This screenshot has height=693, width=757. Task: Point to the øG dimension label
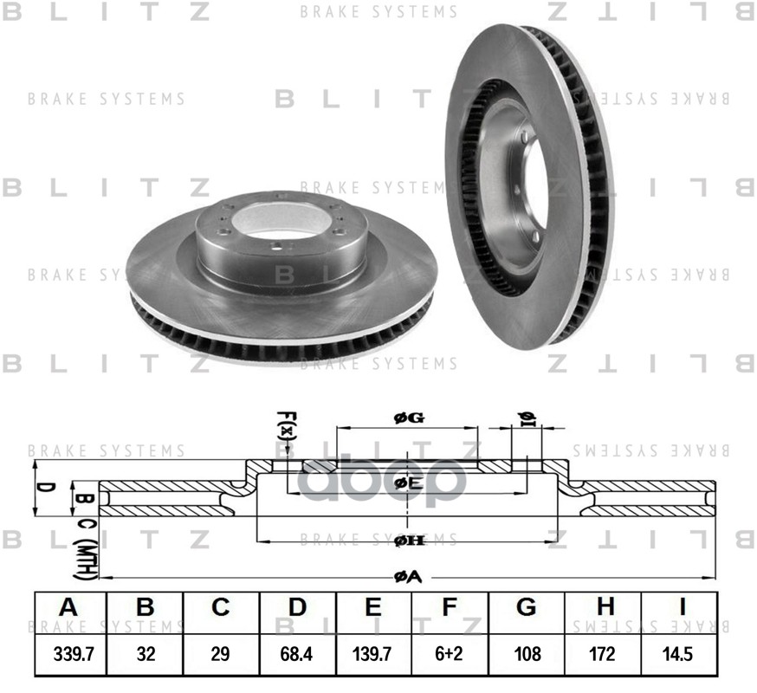click(408, 418)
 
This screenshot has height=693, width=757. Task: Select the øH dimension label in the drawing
click(408, 541)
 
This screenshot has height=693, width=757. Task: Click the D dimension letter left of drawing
click(49, 487)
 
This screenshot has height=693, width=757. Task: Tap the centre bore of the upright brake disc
click(531, 188)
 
